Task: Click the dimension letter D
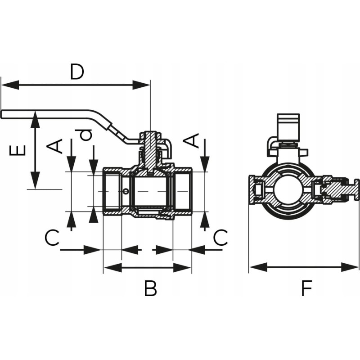(77, 72)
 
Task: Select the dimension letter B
(150, 288)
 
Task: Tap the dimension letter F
(306, 288)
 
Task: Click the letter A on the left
(56, 145)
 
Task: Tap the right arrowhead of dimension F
(355, 267)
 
